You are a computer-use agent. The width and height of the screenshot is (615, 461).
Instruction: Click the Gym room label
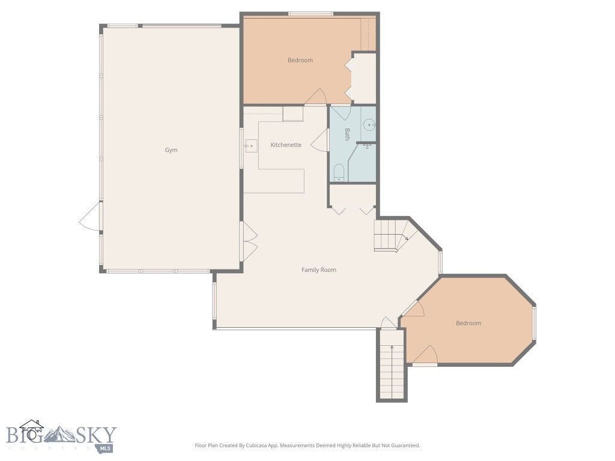171,150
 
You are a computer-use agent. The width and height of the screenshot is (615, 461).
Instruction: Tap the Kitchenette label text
286,145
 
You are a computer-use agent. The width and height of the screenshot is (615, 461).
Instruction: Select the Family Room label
319,270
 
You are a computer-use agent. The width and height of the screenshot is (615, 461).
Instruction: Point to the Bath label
347,134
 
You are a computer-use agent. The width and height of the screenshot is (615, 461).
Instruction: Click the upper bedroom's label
300,60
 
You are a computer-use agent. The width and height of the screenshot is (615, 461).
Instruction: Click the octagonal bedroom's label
468,324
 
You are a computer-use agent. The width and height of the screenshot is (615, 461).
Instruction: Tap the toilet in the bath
339,173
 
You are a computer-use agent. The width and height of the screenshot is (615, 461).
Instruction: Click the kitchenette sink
250,145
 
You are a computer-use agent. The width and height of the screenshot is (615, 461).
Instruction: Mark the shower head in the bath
367,146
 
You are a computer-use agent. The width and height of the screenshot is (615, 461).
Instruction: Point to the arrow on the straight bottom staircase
392,348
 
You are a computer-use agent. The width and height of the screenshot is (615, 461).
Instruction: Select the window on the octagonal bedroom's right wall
533,324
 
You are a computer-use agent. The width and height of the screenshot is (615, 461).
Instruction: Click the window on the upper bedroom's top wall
311,14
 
